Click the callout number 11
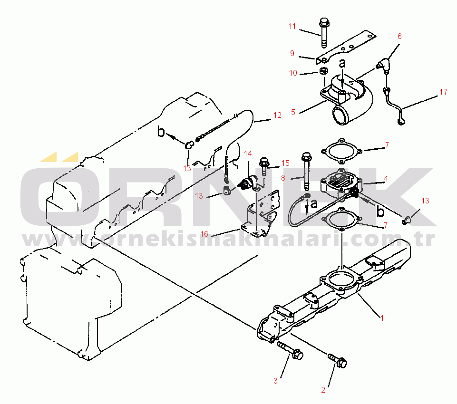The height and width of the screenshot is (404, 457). coord(292,27)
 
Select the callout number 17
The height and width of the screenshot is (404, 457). coord(443,92)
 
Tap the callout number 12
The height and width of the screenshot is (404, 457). coord(277,115)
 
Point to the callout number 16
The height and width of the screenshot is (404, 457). coord(204,233)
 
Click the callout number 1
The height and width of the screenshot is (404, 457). coord(382,318)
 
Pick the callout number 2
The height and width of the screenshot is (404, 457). coord(323,390)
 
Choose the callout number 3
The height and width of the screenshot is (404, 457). coord(275,380)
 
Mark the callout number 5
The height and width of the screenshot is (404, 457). coord(293,112)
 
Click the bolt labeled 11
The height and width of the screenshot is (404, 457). coord(323,33)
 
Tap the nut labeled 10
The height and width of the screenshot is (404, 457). coord(323,71)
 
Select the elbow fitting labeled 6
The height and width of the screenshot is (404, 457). coord(384,65)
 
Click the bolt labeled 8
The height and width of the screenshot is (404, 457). coord(306,171)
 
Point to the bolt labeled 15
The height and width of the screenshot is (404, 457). coord(264,166)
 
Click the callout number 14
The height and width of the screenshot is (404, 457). coord(248,154)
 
